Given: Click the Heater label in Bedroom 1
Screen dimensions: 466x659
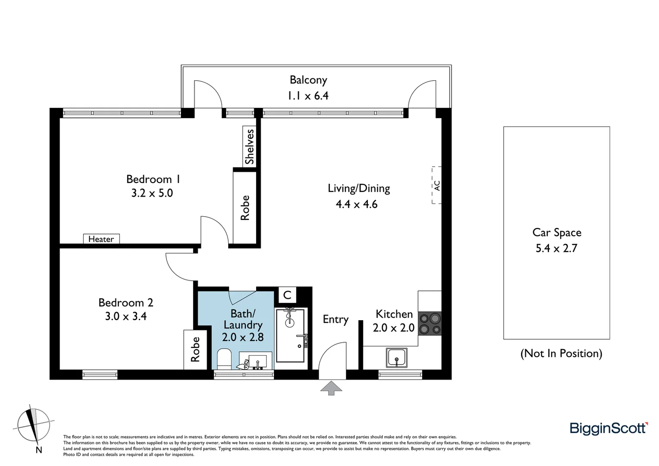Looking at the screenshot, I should [x=101, y=239].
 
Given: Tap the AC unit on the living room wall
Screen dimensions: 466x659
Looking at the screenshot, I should [x=436, y=185].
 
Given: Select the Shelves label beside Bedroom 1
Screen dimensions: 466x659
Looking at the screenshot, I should [x=249, y=147].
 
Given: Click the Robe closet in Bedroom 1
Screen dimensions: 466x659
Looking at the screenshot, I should [x=245, y=208].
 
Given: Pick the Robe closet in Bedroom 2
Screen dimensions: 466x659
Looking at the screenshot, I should [x=195, y=349].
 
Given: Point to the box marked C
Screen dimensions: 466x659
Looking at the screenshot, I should [x=287, y=296].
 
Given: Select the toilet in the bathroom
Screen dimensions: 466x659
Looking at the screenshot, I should [x=224, y=359].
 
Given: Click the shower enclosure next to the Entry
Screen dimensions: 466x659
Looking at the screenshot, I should [x=290, y=335].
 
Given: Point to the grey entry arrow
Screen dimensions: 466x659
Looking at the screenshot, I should [x=331, y=387].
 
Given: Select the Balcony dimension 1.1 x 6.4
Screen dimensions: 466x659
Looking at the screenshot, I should [x=308, y=95].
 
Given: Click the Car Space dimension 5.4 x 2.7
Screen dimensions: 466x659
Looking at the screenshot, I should [x=556, y=248].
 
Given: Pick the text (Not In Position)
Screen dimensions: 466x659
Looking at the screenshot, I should [x=561, y=353].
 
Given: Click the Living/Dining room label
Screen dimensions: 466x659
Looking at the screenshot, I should [x=359, y=188].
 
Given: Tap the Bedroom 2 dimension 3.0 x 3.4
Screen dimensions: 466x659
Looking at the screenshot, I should [x=126, y=316].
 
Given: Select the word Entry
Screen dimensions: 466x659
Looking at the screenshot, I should [x=336, y=319].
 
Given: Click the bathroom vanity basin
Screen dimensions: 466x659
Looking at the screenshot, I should [x=257, y=361].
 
